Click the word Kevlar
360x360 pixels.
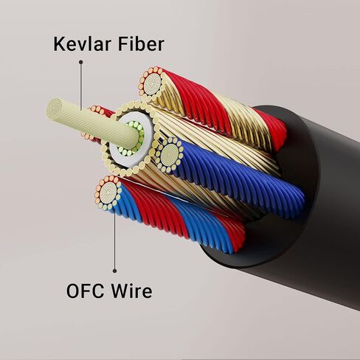coord(81,44)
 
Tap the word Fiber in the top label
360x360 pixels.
coord(141,44)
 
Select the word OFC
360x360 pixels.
coord(85,291)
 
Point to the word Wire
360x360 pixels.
coord(131,291)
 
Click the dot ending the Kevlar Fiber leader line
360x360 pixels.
coord(80,62)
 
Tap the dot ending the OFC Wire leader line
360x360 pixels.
coord(114,271)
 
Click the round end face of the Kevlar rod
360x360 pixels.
coord(54,108)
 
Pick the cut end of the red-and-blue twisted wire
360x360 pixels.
coord(108,193)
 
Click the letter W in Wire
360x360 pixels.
coord(120,291)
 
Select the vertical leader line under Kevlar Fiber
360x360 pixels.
coord(80,86)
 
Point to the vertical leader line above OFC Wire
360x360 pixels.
coord(114,240)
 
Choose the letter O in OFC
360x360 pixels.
coord(72,291)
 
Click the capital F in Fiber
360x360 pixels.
coord(122,44)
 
